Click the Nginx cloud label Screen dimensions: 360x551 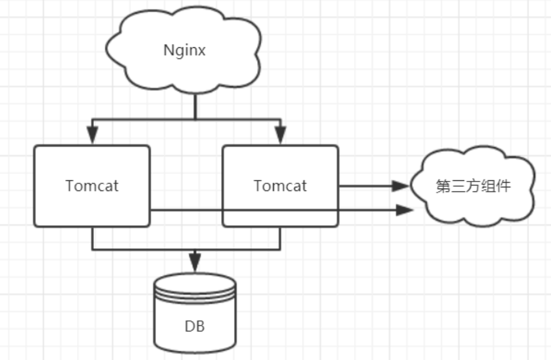tap(184, 50)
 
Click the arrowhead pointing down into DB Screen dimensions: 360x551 tap(195, 260)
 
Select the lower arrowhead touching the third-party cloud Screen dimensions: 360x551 tap(404, 210)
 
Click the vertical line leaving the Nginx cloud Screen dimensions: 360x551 tap(195, 105)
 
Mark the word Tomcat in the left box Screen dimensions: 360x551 tap(92, 186)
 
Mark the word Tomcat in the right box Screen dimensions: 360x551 tap(280, 186)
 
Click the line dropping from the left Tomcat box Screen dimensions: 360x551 tap(92, 238)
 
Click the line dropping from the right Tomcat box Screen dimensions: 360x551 tap(280, 238)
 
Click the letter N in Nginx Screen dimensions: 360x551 tap(168, 50)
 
